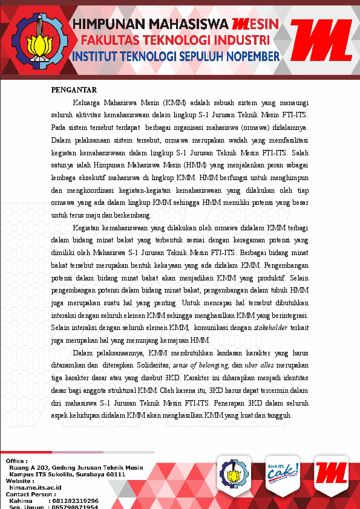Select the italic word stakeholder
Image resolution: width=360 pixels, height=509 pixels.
click(271, 327)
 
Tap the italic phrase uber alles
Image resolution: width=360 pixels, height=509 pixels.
click(260, 365)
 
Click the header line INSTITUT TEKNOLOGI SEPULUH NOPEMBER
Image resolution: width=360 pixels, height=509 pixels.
click(175, 57)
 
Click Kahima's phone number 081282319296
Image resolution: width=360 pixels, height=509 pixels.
click(75, 501)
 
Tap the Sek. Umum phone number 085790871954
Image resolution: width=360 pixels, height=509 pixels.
click(75, 507)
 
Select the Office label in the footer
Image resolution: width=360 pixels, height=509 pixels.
click(17, 461)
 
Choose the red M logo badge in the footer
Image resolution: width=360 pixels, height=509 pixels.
click(331, 473)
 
